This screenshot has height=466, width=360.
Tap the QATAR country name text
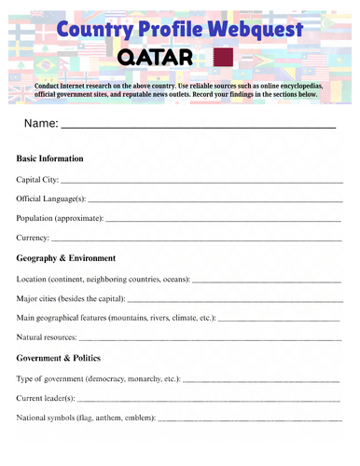point(156,60)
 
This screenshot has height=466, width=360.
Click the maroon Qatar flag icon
point(223,59)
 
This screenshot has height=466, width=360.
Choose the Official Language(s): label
point(51,199)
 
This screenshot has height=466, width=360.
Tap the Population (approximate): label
point(61,218)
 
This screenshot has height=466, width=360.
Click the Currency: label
point(35,239)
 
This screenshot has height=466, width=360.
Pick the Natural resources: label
point(48,336)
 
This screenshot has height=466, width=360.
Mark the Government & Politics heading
point(62,357)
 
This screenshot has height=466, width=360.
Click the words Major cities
point(39,299)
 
